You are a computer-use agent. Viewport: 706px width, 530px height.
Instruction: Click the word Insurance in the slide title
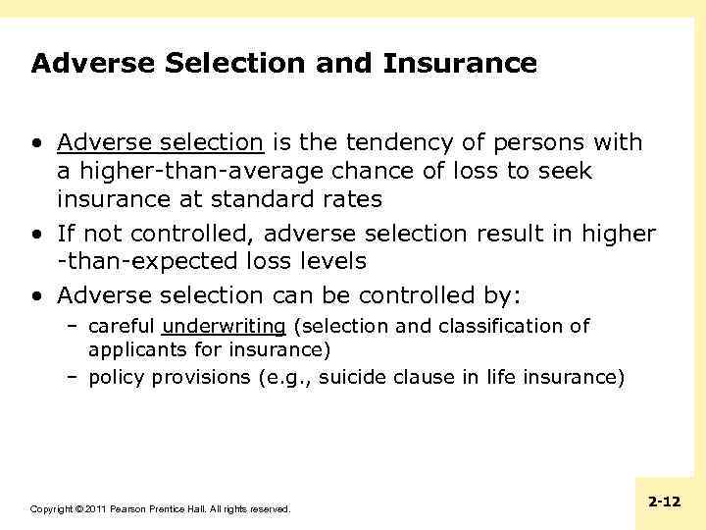(x=460, y=64)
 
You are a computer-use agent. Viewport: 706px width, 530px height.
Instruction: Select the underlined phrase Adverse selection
(x=160, y=143)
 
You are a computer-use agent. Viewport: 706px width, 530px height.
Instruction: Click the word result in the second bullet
(x=510, y=234)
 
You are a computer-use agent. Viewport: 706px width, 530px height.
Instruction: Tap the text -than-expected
(x=148, y=262)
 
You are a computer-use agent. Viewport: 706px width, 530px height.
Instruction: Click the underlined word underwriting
(x=224, y=327)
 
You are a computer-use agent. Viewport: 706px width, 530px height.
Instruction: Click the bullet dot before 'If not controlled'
(x=35, y=234)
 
